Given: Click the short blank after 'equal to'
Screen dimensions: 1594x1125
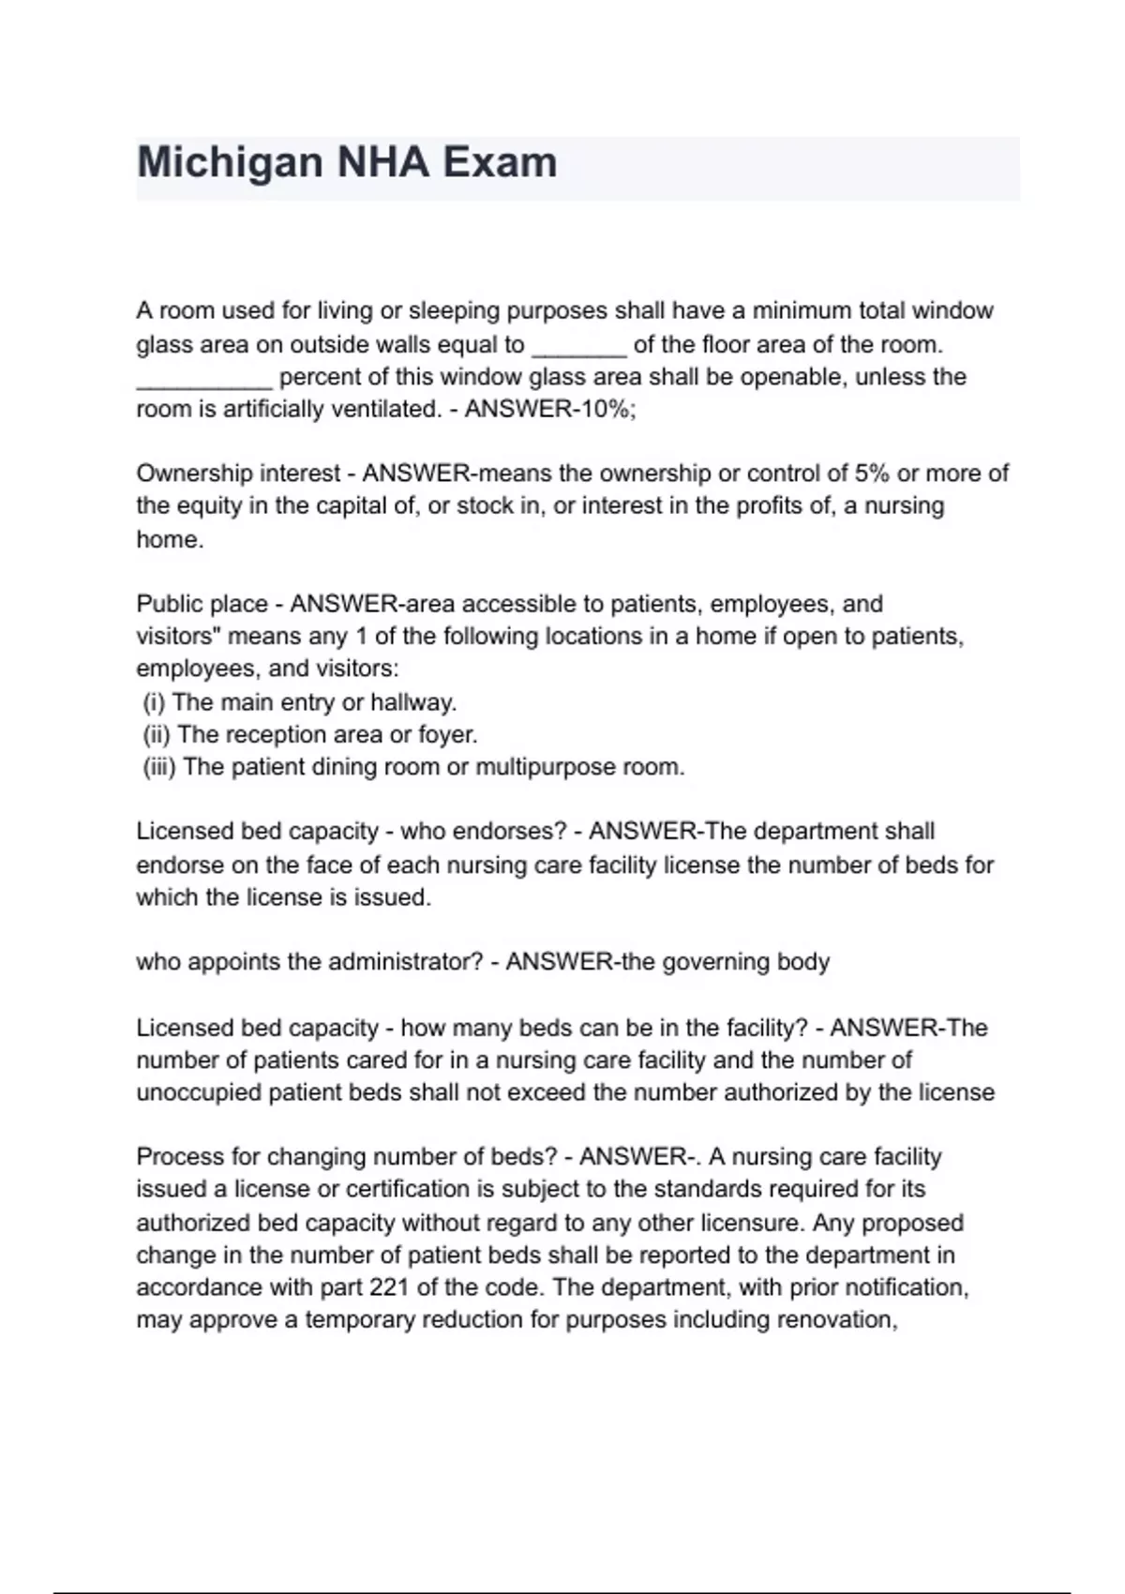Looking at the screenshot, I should [x=578, y=346].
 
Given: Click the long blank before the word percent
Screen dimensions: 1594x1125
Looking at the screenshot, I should [x=204, y=378].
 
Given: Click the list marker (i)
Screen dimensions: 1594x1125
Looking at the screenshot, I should [x=155, y=702].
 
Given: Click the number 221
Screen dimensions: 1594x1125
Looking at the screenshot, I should [x=388, y=1287].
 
